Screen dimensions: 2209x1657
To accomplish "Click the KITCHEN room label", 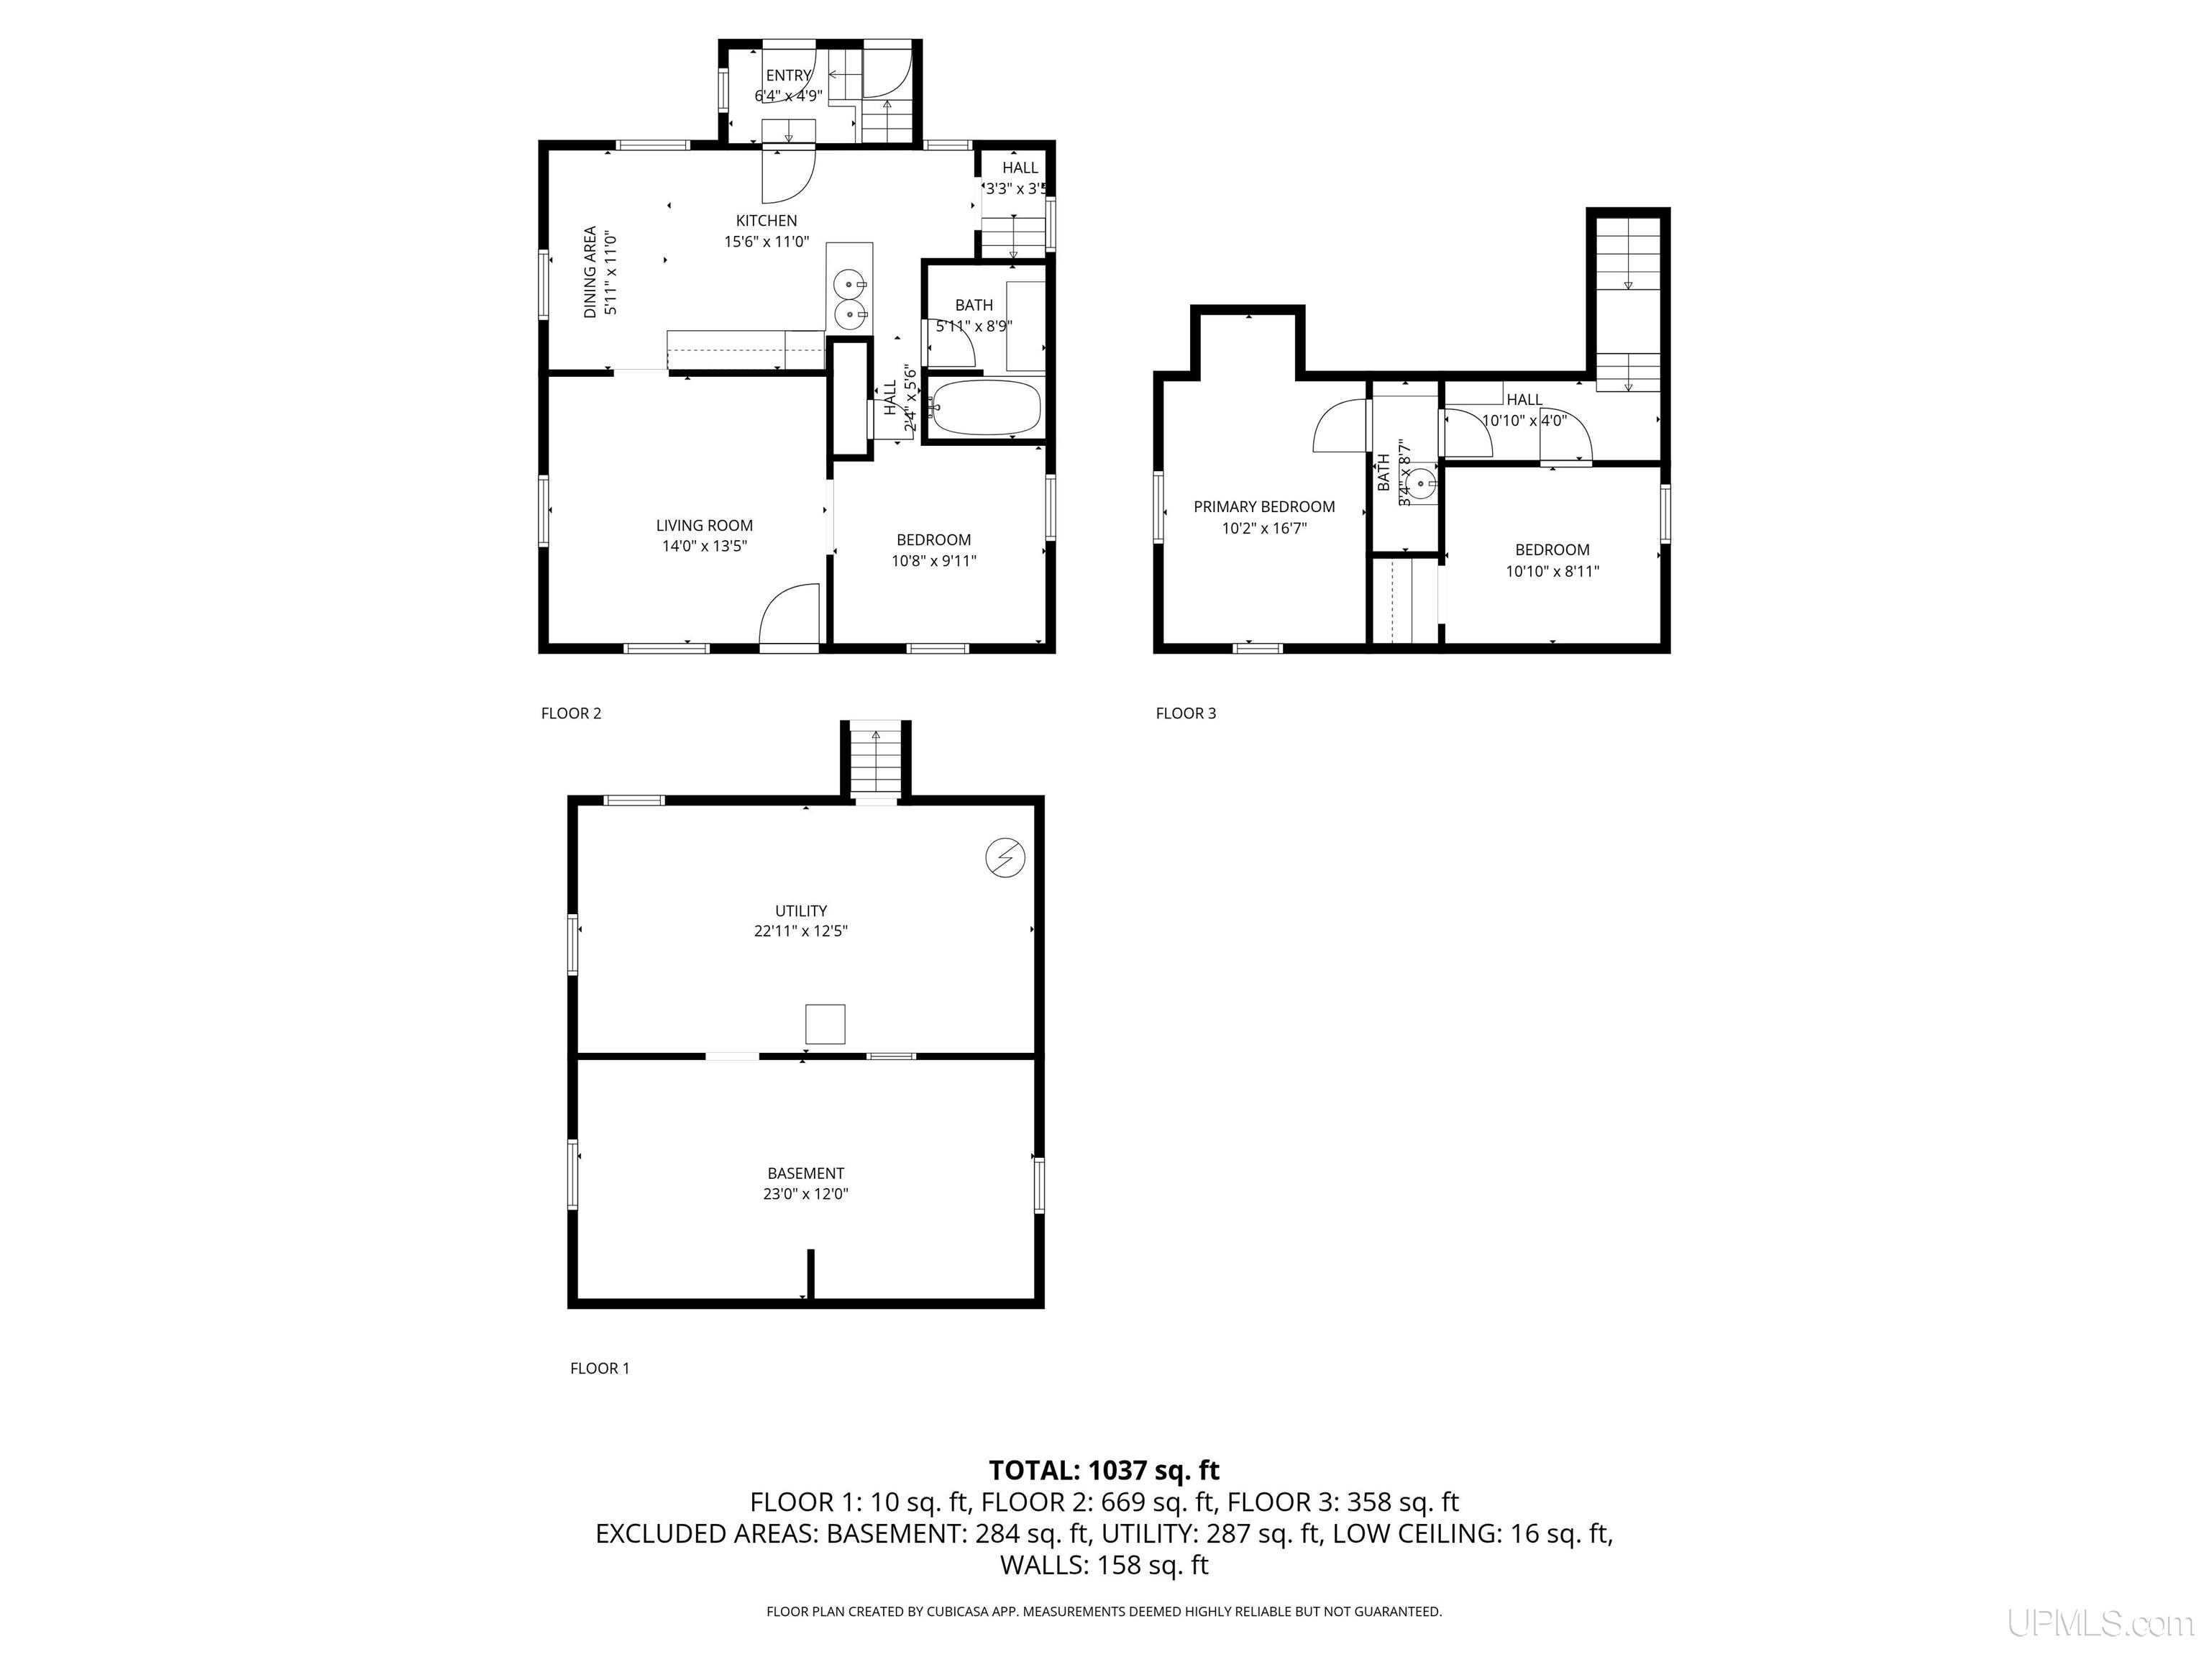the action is (x=766, y=221).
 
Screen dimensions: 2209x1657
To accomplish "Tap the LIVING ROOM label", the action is (x=704, y=526).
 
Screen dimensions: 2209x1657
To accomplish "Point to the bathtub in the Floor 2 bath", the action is (x=984, y=408).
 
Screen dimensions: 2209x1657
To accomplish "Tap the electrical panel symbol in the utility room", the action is (x=1005, y=857).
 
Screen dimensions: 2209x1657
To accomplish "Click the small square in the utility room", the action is (x=825, y=1024).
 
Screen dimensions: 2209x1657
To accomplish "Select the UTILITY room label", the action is (x=801, y=911).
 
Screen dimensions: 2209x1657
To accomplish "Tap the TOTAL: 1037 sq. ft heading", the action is (x=1104, y=1470).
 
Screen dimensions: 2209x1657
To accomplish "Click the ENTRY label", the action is (x=788, y=76).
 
